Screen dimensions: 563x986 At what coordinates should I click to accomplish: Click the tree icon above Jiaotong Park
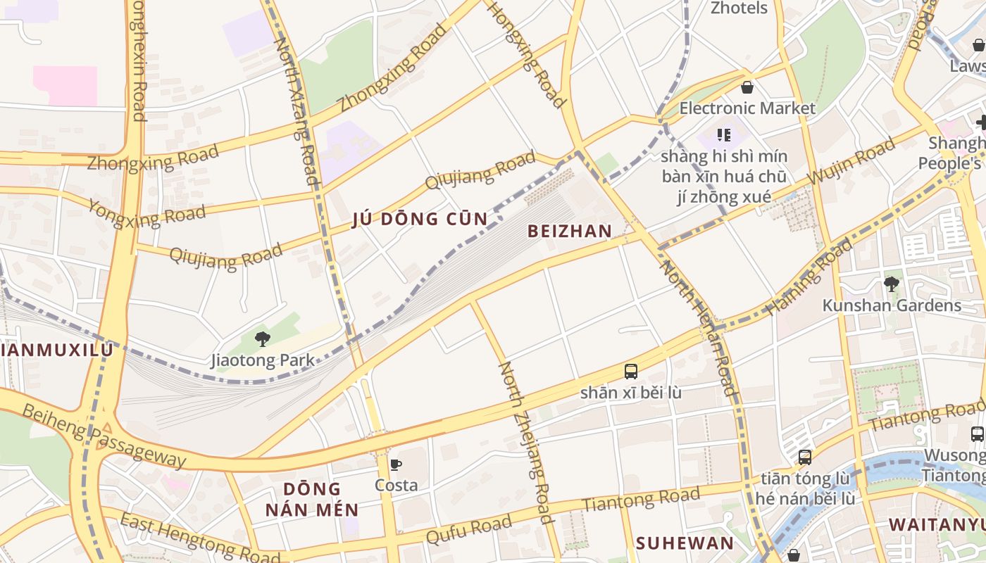click(x=263, y=339)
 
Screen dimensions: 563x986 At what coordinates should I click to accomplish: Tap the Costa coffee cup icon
click(x=396, y=464)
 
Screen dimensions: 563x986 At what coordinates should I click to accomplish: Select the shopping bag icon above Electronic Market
click(x=747, y=88)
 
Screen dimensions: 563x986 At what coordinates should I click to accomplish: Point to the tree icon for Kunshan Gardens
click(x=891, y=284)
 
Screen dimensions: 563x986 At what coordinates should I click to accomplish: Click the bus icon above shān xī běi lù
click(x=631, y=372)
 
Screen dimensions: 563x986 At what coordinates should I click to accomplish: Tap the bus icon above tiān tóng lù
click(x=805, y=457)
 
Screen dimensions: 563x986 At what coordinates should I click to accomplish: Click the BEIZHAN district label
click(x=570, y=232)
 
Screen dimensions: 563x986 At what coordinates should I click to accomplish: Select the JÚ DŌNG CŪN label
click(x=420, y=220)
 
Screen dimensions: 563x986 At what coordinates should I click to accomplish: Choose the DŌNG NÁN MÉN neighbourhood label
click(x=312, y=499)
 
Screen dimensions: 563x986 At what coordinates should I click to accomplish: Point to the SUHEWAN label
click(x=685, y=543)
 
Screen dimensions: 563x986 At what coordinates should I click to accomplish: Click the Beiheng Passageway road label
click(x=104, y=436)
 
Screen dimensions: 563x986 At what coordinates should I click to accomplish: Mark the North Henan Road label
click(x=698, y=327)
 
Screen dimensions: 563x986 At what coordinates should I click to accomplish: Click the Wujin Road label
click(x=851, y=161)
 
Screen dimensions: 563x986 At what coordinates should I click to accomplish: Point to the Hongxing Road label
click(x=527, y=54)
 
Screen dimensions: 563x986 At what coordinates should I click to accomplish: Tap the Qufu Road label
click(x=468, y=529)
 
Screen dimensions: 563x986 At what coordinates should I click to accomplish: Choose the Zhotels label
click(x=739, y=8)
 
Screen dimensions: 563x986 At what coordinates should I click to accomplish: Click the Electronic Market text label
click(x=747, y=108)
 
